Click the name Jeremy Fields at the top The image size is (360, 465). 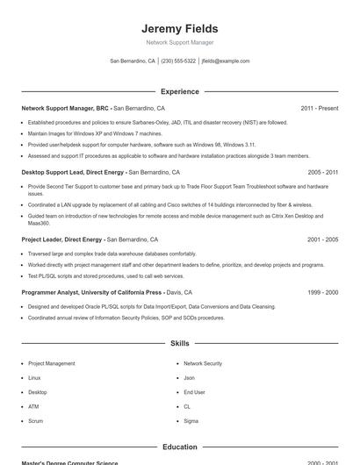[179, 28]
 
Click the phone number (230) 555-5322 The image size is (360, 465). [178, 61]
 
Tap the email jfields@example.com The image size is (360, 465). [226, 61]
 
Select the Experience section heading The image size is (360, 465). [179, 91]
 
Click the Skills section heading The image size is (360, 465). [179, 344]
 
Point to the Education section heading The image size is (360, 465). [179, 447]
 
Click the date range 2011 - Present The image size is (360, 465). [319, 108]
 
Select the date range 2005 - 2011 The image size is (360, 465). [322, 173]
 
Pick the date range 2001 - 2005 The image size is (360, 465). [322, 239]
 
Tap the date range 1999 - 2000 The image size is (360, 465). [322, 292]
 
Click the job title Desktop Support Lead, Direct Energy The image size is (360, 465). [73, 173]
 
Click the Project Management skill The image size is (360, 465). [51, 363]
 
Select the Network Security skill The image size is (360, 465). [203, 363]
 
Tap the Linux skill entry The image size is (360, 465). [34, 377]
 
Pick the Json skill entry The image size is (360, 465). [189, 377]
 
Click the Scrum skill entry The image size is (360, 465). [35, 421]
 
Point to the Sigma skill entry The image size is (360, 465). [191, 421]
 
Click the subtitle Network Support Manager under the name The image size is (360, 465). [179, 42]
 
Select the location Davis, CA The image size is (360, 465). [179, 292]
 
